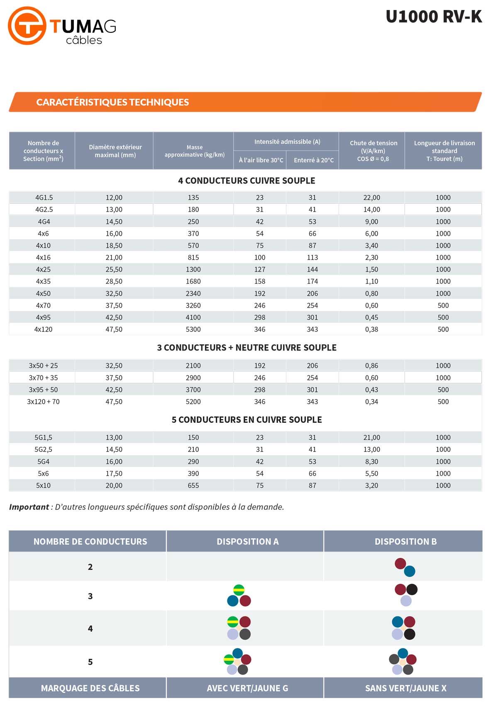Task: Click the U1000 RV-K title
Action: pyautogui.click(x=434, y=17)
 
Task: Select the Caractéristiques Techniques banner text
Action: pyautogui.click(x=112, y=102)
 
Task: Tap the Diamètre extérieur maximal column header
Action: pyautogui.click(x=115, y=151)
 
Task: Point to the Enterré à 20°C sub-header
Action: pyautogui.click(x=313, y=160)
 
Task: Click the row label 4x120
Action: pyautogui.click(x=43, y=329)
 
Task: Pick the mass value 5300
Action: pyautogui.click(x=193, y=329)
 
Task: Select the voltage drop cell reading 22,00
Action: pyautogui.click(x=371, y=198)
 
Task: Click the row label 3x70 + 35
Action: pyautogui.click(x=43, y=378)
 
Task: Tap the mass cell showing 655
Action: pyautogui.click(x=193, y=485)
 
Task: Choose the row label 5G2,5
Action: pyautogui.click(x=43, y=449)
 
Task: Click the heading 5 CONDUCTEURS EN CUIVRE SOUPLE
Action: pyautogui.click(x=247, y=420)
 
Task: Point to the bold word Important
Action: pyautogui.click(x=29, y=507)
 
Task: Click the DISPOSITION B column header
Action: pyautogui.click(x=405, y=542)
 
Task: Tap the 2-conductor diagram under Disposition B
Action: pyautogui.click(x=405, y=567)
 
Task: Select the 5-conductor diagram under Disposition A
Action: pyautogui.click(x=237, y=661)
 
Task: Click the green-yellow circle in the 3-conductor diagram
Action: pyautogui.click(x=239, y=590)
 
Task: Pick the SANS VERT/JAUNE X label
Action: pyautogui.click(x=405, y=688)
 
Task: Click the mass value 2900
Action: pyautogui.click(x=193, y=378)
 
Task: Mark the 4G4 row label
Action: pyautogui.click(x=43, y=222)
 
